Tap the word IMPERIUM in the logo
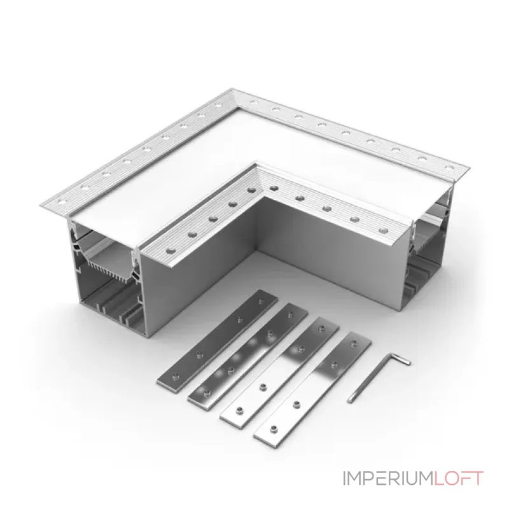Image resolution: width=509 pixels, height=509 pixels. [x=388, y=478]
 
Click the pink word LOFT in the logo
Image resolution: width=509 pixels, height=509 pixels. [x=459, y=478]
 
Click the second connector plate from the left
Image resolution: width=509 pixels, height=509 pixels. [x=248, y=356]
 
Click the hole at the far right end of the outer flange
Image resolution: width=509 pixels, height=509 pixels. [x=449, y=167]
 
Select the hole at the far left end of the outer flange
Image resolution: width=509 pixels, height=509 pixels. [x=60, y=202]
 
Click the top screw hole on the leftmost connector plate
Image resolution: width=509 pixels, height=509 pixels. [x=260, y=302]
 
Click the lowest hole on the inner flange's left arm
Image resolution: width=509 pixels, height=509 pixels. [x=171, y=251]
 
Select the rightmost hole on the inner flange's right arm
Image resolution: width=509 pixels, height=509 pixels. [x=383, y=231]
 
